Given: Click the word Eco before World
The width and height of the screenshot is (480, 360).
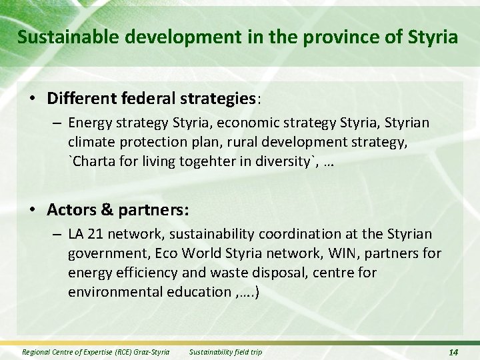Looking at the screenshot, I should (176, 254).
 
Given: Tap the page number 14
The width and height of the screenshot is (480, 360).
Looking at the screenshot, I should (453, 352).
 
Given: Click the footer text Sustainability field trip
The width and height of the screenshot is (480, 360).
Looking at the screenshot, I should (225, 352).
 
